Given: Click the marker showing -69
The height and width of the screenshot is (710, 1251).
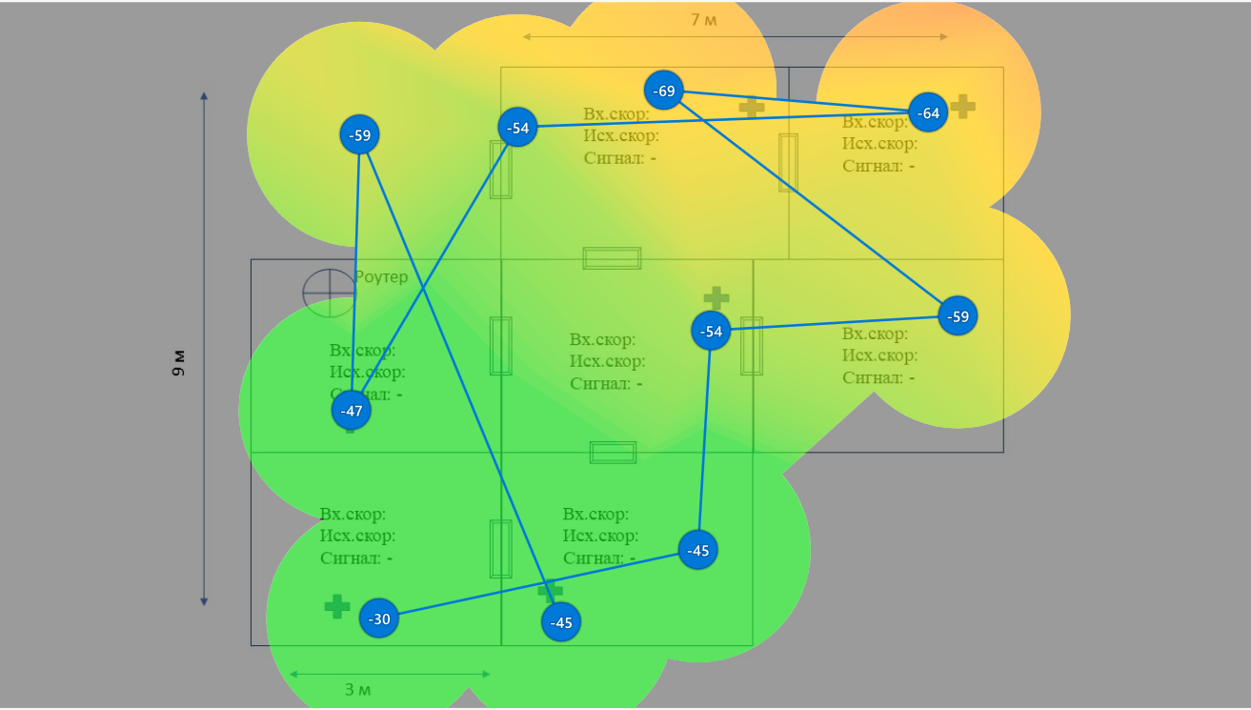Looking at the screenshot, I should click(664, 91).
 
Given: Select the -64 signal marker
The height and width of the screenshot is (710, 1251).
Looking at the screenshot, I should click(928, 112).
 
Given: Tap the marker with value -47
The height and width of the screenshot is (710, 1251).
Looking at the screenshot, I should click(352, 411).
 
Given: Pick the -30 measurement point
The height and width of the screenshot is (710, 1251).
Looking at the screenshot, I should click(379, 619).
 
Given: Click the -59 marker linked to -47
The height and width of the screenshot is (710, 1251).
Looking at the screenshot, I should click(359, 134).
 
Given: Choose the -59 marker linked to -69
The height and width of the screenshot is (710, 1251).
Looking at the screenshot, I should click(958, 315).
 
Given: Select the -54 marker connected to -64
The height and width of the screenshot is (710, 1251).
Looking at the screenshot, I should click(518, 127).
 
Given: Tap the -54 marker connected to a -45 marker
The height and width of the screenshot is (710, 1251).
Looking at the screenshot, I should click(711, 331).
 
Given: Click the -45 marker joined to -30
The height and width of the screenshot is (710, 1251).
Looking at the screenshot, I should click(698, 550).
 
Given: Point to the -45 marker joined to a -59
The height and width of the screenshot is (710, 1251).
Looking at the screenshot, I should click(561, 622).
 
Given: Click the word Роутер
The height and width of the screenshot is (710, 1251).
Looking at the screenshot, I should click(381, 276).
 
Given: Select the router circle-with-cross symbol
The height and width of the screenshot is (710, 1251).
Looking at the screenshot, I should click(329, 293).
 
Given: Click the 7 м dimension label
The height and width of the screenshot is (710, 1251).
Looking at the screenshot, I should click(704, 19).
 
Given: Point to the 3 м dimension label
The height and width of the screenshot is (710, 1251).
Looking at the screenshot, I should click(358, 688).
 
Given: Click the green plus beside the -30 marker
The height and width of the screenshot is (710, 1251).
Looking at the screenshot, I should click(337, 606).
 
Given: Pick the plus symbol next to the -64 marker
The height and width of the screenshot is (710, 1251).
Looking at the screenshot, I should click(963, 106).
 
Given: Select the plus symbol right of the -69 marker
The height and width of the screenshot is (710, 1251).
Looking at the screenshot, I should click(752, 107).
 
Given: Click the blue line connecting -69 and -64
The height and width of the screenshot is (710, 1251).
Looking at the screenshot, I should click(796, 101).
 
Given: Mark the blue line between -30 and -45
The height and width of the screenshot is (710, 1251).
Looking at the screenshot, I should click(538, 584).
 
